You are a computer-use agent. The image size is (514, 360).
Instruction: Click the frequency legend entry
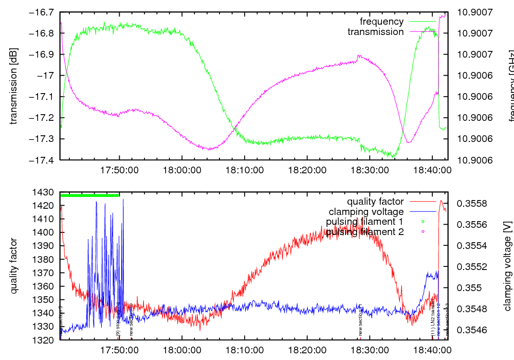(381, 22)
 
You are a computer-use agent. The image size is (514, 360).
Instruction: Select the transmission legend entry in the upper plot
(375, 32)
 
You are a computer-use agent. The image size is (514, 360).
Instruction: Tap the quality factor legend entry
(375, 202)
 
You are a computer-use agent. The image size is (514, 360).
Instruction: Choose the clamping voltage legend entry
(365, 212)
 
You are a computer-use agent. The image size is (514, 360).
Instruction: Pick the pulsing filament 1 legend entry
(364, 222)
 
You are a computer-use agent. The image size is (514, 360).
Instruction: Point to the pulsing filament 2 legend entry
(364, 232)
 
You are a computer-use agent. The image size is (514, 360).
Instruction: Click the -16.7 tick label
(43, 12)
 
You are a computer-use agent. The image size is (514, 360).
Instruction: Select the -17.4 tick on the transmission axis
(43, 160)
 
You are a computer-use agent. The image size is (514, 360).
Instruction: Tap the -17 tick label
(47, 76)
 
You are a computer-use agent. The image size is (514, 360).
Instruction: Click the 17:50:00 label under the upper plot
(119, 169)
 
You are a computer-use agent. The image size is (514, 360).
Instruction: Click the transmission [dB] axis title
(14, 86)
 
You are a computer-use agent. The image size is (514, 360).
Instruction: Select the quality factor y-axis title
(14, 266)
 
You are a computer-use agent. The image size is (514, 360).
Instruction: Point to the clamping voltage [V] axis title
(507, 266)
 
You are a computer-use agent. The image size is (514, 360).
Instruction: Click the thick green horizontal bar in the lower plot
(90, 195)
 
